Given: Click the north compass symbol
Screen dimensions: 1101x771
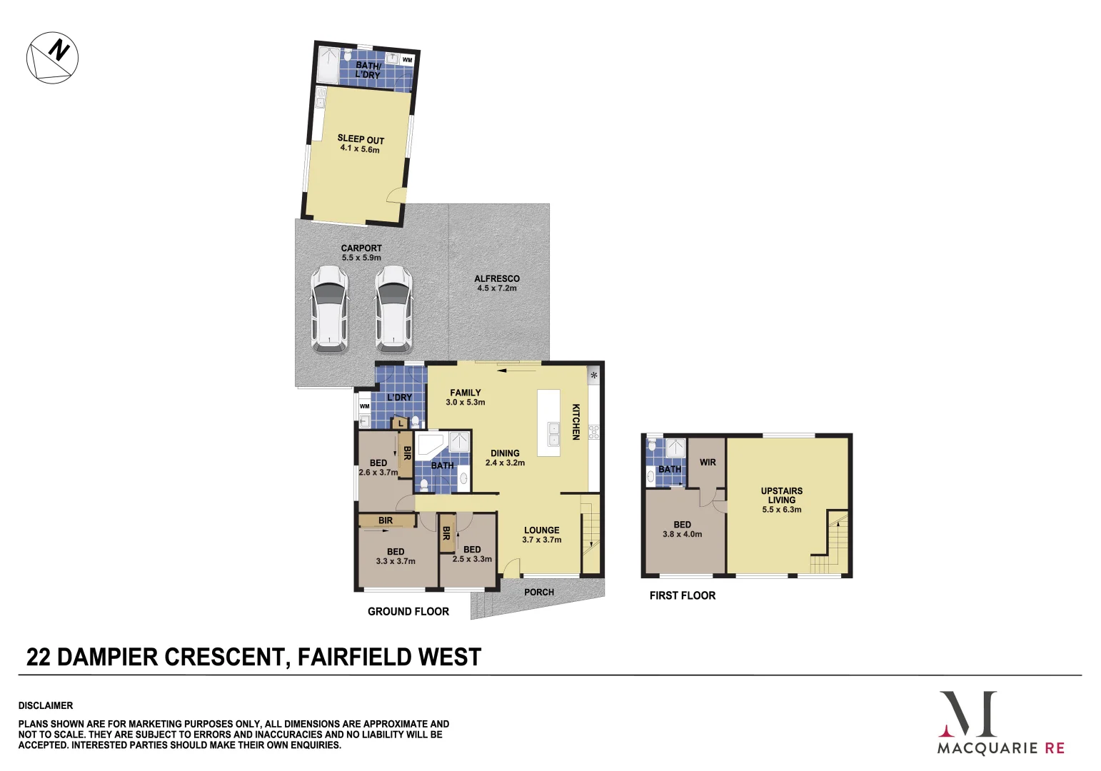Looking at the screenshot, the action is coord(52,58).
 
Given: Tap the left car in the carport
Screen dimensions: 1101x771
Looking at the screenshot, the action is coord(329,309).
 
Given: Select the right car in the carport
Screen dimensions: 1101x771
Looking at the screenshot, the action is coord(393,309).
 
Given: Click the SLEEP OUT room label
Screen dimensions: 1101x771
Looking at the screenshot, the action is coord(361,139).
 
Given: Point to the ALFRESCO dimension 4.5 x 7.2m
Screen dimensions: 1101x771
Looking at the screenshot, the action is coord(497,288).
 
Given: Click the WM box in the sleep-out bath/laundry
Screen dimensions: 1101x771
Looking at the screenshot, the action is coord(408,60).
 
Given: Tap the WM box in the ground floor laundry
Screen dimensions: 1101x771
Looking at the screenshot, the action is coord(364,406).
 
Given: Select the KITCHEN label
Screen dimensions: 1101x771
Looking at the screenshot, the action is coord(576,422).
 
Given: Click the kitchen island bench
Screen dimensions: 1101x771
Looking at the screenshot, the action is coord(548,423).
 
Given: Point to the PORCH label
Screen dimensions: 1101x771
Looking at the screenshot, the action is coord(538,592).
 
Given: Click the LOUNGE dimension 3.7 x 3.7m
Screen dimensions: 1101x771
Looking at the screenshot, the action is coord(542,540).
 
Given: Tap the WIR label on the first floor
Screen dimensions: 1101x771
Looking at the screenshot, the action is coord(708,463).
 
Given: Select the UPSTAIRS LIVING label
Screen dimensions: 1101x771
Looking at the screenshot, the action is coord(782,495).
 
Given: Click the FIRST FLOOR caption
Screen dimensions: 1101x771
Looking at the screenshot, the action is coord(683,595).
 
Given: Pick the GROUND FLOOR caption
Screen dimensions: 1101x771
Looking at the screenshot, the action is coord(408,611).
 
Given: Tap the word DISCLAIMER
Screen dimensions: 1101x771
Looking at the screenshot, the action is coord(46,705).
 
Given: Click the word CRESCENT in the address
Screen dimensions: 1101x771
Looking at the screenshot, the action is coord(223,657).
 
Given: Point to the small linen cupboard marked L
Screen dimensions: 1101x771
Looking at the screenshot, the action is coord(401,423).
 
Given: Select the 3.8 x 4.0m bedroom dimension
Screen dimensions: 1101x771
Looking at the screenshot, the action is coord(682,534).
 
